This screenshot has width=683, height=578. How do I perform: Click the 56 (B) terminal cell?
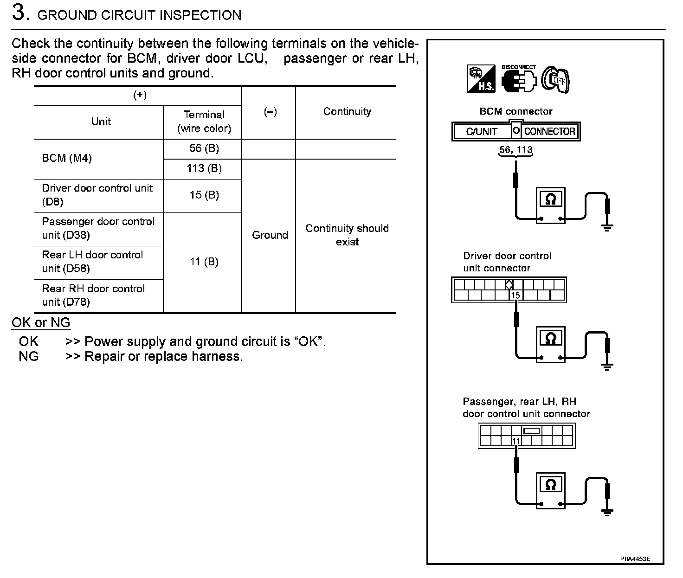[204, 148]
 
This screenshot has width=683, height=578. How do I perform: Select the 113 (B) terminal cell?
[204, 169]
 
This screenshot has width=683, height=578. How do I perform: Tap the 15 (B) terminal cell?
[204, 195]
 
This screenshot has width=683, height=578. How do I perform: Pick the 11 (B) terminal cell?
[204, 262]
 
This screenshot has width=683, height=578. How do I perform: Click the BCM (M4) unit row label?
[67, 159]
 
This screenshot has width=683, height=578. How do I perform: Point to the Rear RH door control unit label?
[93, 295]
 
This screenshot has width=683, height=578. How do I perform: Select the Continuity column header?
[347, 112]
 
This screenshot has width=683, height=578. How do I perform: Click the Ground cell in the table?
[270, 235]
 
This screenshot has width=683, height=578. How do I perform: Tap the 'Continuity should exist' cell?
[347, 235]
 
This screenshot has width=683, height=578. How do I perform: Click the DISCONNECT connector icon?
[518, 79]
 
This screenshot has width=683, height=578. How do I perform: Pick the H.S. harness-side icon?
[481, 79]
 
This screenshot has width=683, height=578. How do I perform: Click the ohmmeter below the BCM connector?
[551, 205]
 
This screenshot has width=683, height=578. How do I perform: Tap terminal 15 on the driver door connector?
[515, 295]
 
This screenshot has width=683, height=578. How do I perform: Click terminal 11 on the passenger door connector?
[516, 441]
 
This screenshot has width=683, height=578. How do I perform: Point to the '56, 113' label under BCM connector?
[515, 150]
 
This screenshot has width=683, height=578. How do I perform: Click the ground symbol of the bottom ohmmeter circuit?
[607, 512]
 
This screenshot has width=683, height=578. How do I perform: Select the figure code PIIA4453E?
[635, 559]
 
